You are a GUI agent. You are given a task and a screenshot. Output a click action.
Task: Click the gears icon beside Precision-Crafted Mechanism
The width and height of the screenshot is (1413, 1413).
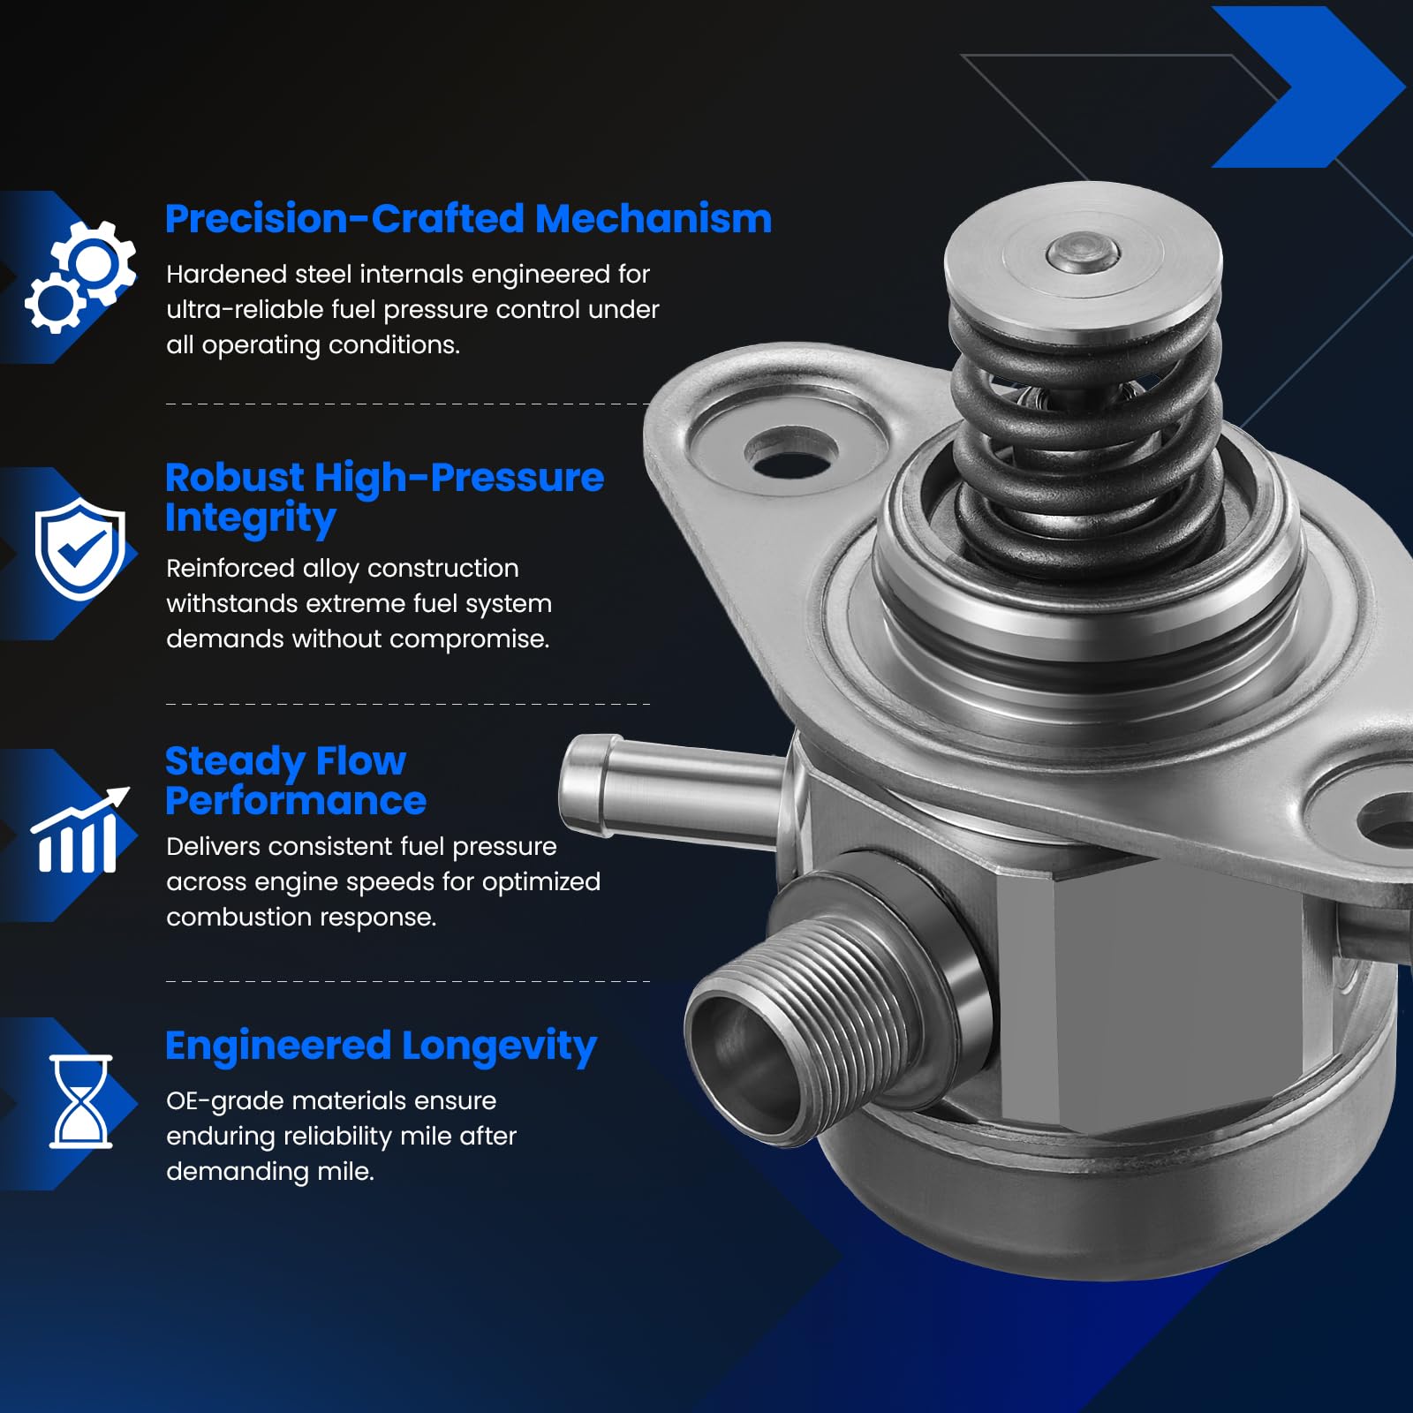tap(80, 276)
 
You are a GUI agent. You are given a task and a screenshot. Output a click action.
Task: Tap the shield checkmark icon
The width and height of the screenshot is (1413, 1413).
tap(80, 548)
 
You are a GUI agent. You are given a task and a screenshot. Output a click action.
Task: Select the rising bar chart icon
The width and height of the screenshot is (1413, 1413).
tap(79, 830)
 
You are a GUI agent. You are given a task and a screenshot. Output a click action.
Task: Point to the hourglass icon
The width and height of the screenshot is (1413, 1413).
tap(80, 1101)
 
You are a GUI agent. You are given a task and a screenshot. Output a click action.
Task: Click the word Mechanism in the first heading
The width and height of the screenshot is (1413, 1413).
tap(654, 219)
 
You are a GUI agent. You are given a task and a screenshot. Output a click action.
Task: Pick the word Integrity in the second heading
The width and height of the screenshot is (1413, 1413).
tap(250, 518)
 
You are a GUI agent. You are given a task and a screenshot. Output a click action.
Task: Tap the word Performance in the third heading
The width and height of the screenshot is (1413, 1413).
tap(296, 801)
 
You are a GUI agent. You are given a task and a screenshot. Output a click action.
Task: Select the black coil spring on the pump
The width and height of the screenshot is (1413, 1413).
tap(1086, 424)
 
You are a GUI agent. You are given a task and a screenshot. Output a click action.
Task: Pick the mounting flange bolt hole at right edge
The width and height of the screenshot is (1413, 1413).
tap(1387, 822)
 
